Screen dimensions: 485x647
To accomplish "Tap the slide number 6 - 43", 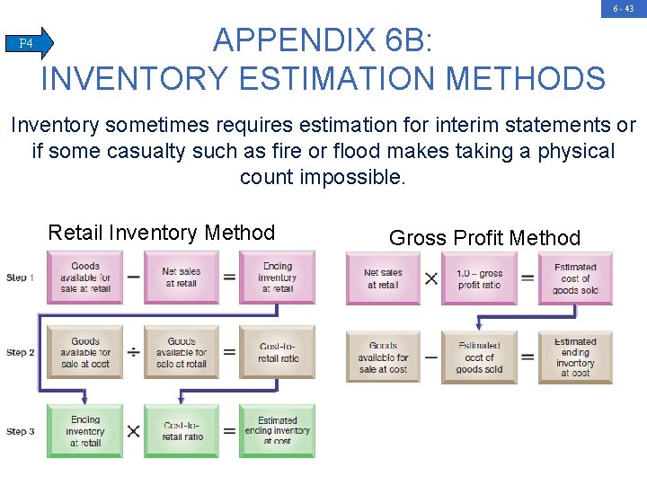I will click(624, 8).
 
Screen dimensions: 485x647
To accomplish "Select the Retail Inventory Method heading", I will click(161, 233).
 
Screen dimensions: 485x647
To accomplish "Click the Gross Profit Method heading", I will click(484, 238).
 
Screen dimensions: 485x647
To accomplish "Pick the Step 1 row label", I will click(20, 278).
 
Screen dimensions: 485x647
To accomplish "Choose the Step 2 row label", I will click(20, 352).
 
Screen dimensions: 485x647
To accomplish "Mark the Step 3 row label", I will click(20, 432).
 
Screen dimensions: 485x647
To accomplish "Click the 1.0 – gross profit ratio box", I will click(479, 278).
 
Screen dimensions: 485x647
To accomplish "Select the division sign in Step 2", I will click(133, 353).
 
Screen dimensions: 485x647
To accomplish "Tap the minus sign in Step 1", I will click(133, 278).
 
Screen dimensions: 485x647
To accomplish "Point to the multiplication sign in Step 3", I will click(133, 432).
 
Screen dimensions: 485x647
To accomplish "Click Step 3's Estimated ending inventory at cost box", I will click(278, 431).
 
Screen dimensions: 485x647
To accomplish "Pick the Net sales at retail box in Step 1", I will click(182, 278).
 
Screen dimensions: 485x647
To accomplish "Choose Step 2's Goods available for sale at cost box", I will click(85, 353).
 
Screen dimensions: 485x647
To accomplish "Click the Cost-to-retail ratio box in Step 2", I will click(278, 353).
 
